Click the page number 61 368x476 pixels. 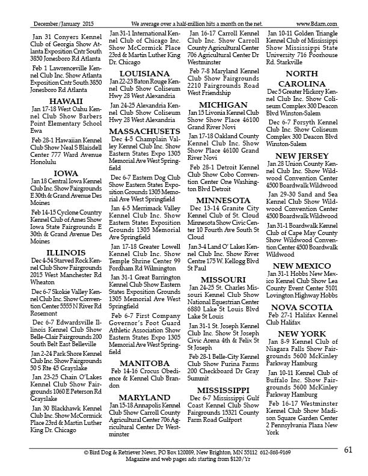point(348,450)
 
